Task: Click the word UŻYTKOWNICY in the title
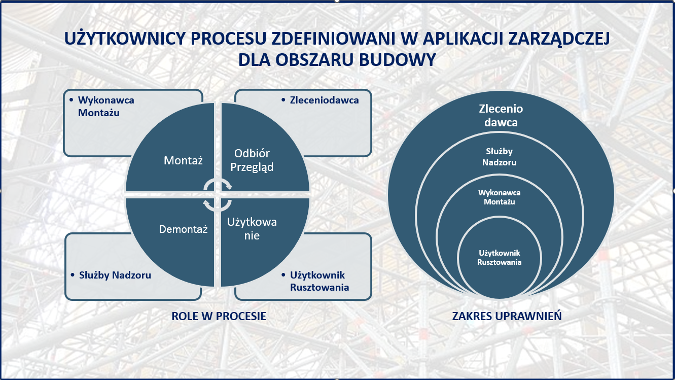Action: click(x=125, y=38)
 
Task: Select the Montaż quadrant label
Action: click(x=183, y=160)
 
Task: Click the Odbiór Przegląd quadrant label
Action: click(x=252, y=160)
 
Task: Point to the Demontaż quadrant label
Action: click(x=183, y=229)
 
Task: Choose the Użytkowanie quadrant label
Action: click(x=252, y=228)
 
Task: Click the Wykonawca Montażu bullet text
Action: click(x=106, y=107)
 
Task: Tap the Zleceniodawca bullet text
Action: click(x=324, y=100)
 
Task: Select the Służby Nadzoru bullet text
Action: click(x=115, y=275)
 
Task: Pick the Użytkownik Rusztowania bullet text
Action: click(x=319, y=281)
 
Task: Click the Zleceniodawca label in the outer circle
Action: click(x=501, y=115)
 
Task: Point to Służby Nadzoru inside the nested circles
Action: click(x=500, y=157)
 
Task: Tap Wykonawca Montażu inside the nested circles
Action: click(x=500, y=197)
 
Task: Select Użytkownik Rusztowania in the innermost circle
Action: click(x=500, y=257)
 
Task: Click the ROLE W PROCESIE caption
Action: click(x=219, y=316)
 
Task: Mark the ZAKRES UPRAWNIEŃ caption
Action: click(x=507, y=316)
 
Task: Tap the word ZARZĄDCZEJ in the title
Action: click(x=559, y=39)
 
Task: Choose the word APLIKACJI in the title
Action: click(x=464, y=38)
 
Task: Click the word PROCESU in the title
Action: click(x=228, y=38)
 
